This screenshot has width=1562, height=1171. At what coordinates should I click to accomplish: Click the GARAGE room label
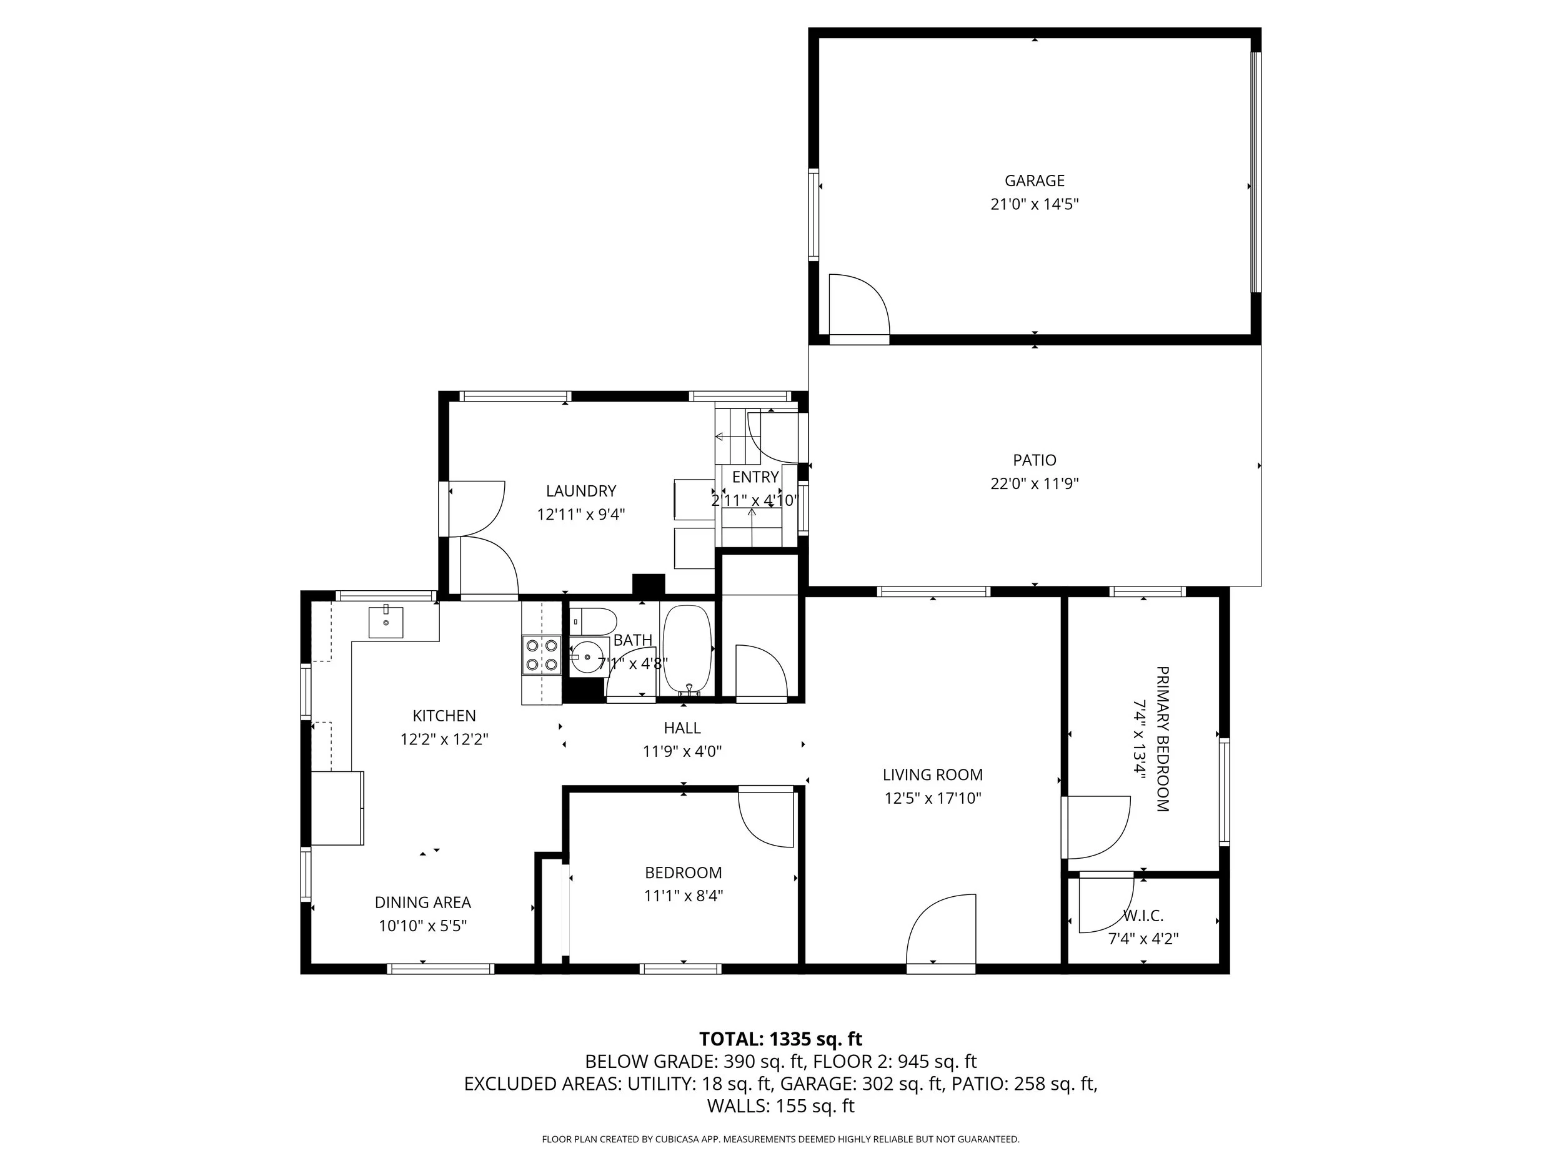click(x=1034, y=180)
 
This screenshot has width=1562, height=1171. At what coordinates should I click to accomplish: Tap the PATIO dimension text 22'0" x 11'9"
click(x=1034, y=484)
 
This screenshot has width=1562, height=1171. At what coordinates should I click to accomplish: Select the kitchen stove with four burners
click(x=542, y=655)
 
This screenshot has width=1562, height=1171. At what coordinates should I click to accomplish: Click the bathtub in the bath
click(x=687, y=650)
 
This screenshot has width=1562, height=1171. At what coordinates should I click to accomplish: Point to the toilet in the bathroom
click(x=593, y=621)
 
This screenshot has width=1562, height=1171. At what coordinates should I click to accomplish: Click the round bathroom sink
click(x=587, y=657)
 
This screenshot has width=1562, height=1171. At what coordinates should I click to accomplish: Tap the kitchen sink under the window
click(x=386, y=622)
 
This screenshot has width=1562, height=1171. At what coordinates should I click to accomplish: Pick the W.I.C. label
click(x=1143, y=916)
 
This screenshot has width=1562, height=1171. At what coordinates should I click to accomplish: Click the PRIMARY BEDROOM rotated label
click(x=1162, y=739)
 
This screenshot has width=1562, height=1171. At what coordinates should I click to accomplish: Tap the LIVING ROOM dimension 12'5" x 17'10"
click(x=932, y=798)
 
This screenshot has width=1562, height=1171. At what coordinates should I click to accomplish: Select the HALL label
click(x=682, y=728)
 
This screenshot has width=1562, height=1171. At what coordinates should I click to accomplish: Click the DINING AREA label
click(x=422, y=902)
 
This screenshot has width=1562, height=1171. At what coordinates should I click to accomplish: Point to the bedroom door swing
click(x=768, y=819)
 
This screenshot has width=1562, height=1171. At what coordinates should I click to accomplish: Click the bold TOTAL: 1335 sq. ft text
click(x=780, y=1039)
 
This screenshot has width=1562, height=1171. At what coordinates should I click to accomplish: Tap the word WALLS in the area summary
click(x=738, y=1106)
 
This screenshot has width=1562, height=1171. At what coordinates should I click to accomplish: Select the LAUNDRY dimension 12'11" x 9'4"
click(x=580, y=515)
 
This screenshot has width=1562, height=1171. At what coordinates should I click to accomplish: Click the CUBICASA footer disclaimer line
click(x=780, y=1139)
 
